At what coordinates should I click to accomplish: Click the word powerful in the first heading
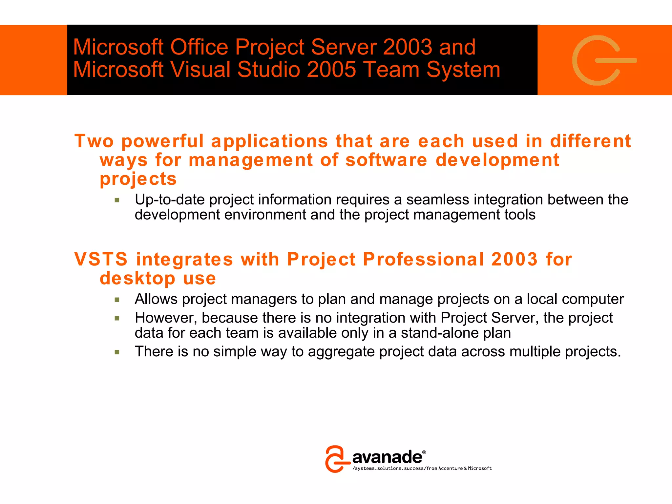click(162, 142)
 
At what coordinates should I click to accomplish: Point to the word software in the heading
click(387, 160)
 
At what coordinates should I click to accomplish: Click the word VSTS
click(101, 259)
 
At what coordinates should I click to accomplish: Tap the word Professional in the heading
click(423, 259)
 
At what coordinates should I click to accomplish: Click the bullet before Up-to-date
click(117, 200)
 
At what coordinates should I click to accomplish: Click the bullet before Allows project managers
click(117, 299)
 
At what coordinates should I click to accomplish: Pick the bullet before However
click(117, 318)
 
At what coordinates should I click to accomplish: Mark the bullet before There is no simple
click(117, 352)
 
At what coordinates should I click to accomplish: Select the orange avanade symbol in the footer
click(336, 459)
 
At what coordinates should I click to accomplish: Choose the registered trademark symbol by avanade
click(424, 452)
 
